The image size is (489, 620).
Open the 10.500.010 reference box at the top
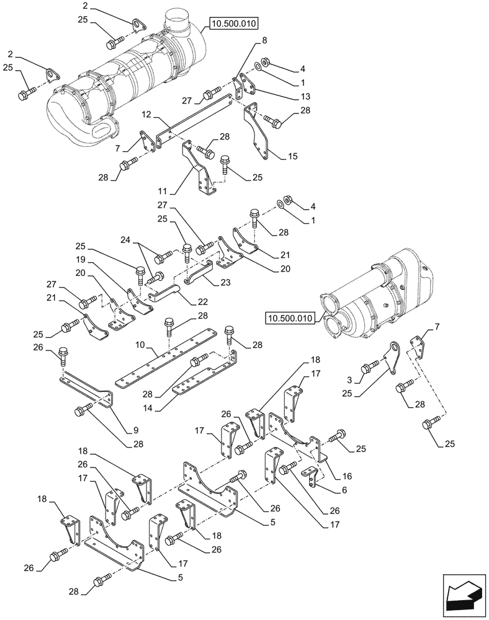[x=234, y=24]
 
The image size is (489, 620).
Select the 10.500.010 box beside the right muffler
[x=289, y=319]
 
